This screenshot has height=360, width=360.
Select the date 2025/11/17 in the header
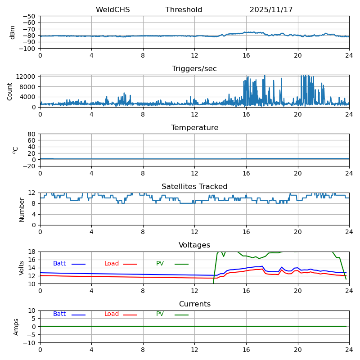[x=271, y=10]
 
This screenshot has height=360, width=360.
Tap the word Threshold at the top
[x=184, y=10]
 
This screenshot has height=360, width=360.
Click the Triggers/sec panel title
[x=194, y=69]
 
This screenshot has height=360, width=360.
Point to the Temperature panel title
[x=194, y=128]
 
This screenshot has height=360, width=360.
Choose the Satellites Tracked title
[x=194, y=187]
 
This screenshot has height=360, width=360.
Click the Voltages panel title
[x=194, y=245]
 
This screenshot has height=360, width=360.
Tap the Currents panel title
[x=194, y=304]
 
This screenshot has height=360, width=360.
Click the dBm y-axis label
[x=13, y=32]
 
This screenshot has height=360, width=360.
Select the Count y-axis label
[x=10, y=91]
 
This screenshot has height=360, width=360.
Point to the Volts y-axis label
[x=22, y=268]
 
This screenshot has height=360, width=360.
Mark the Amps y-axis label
[x=16, y=327]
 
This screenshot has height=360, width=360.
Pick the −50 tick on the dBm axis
[x=30, y=16]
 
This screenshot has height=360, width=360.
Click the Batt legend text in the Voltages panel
[x=59, y=264]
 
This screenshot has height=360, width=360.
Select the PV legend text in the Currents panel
[x=160, y=314]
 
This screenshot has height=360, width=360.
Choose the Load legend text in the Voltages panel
[x=112, y=264]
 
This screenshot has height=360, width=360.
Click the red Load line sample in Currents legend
[x=130, y=315]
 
